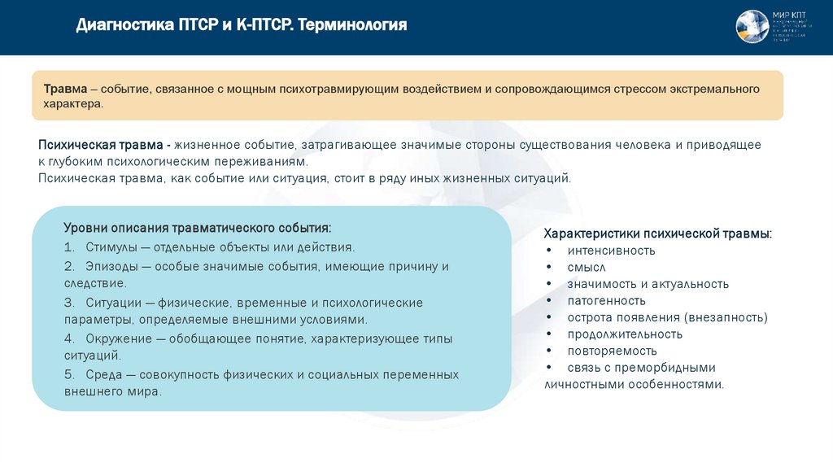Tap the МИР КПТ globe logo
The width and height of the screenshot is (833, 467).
click(752, 27)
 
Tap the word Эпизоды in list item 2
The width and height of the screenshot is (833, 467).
click(112, 266)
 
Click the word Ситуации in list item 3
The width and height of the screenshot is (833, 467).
click(115, 303)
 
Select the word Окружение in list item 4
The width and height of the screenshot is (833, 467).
click(120, 338)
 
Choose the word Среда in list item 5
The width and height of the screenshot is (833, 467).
click(103, 375)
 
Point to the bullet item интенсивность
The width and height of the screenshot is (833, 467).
click(612, 251)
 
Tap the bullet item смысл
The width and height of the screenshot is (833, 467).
click(587, 267)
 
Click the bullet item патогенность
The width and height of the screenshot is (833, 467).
click(607, 300)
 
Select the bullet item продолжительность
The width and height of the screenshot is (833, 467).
click(625, 334)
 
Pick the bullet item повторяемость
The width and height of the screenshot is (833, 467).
click(613, 351)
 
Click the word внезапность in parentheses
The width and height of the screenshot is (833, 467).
click(725, 317)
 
